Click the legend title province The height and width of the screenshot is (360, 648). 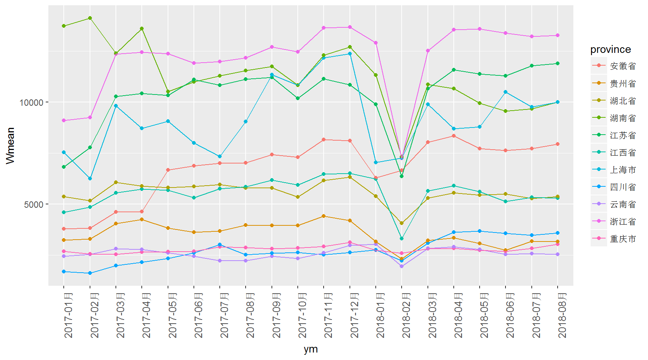[610, 49]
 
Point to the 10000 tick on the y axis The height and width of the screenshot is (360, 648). [31, 102]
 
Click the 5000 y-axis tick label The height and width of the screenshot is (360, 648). [34, 205]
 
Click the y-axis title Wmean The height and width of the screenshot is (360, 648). [10, 145]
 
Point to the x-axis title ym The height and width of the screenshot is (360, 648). [310, 349]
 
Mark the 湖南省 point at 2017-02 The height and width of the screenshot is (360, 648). [90, 18]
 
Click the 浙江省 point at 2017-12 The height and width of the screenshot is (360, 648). [350, 27]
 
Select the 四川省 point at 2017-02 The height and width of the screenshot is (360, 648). [90, 273]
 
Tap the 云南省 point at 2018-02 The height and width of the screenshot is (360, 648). [402, 266]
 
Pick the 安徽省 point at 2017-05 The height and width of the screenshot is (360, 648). [168, 170]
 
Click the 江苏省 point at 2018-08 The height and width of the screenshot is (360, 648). [558, 63]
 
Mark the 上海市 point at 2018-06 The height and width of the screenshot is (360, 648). [505, 92]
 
